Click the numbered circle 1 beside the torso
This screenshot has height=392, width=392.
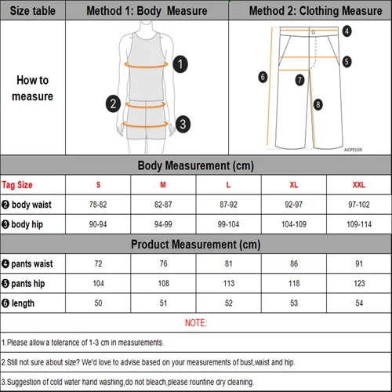point(180,64)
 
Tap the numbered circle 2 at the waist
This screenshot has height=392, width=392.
point(114,103)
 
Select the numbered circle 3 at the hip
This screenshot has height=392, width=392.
point(181,123)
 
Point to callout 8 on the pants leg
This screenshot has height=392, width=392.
point(318,103)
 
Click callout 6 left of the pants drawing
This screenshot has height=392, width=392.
point(263,77)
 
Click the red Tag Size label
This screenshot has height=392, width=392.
point(17,185)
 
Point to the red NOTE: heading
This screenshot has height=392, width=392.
point(196,322)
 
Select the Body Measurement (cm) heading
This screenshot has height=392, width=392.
point(195,165)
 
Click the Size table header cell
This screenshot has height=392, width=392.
point(32,11)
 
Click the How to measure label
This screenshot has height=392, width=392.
point(32,88)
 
